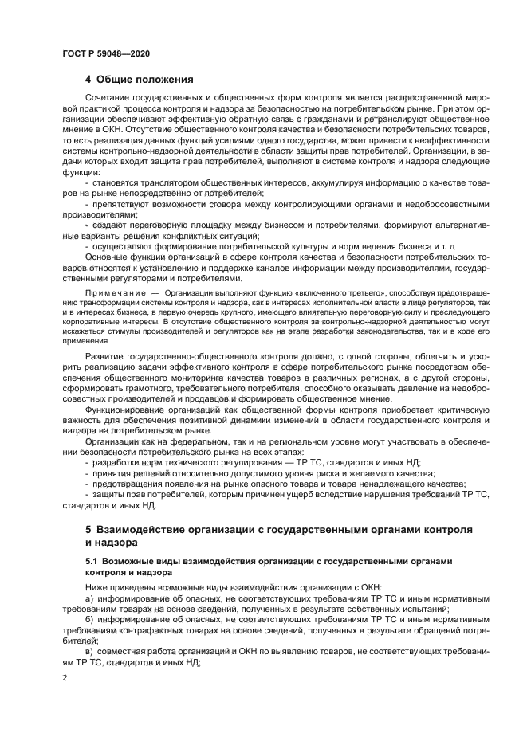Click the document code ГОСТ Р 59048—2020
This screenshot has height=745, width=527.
pos(106,53)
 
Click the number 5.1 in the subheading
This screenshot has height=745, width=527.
pos(92,562)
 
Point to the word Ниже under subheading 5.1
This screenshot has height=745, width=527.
pos(98,586)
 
